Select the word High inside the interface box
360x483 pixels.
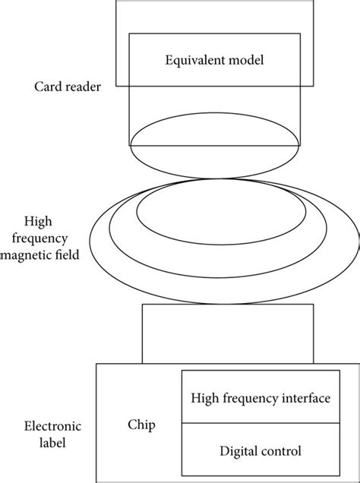tap(204, 396)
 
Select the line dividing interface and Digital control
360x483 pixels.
tap(259, 425)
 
